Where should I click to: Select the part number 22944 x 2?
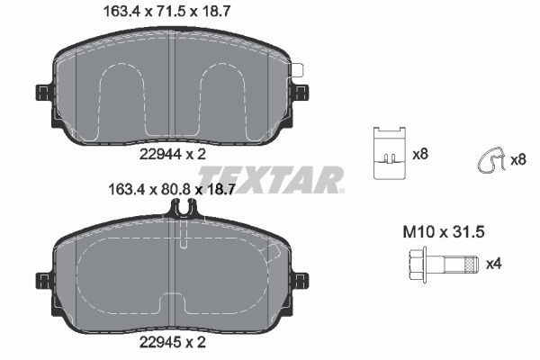(173, 154)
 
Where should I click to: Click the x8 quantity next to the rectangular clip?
(419, 155)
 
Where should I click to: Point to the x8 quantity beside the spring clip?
(517, 159)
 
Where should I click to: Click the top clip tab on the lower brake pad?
(183, 210)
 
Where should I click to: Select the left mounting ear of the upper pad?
(42, 93)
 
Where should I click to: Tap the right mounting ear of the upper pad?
(301, 91)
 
